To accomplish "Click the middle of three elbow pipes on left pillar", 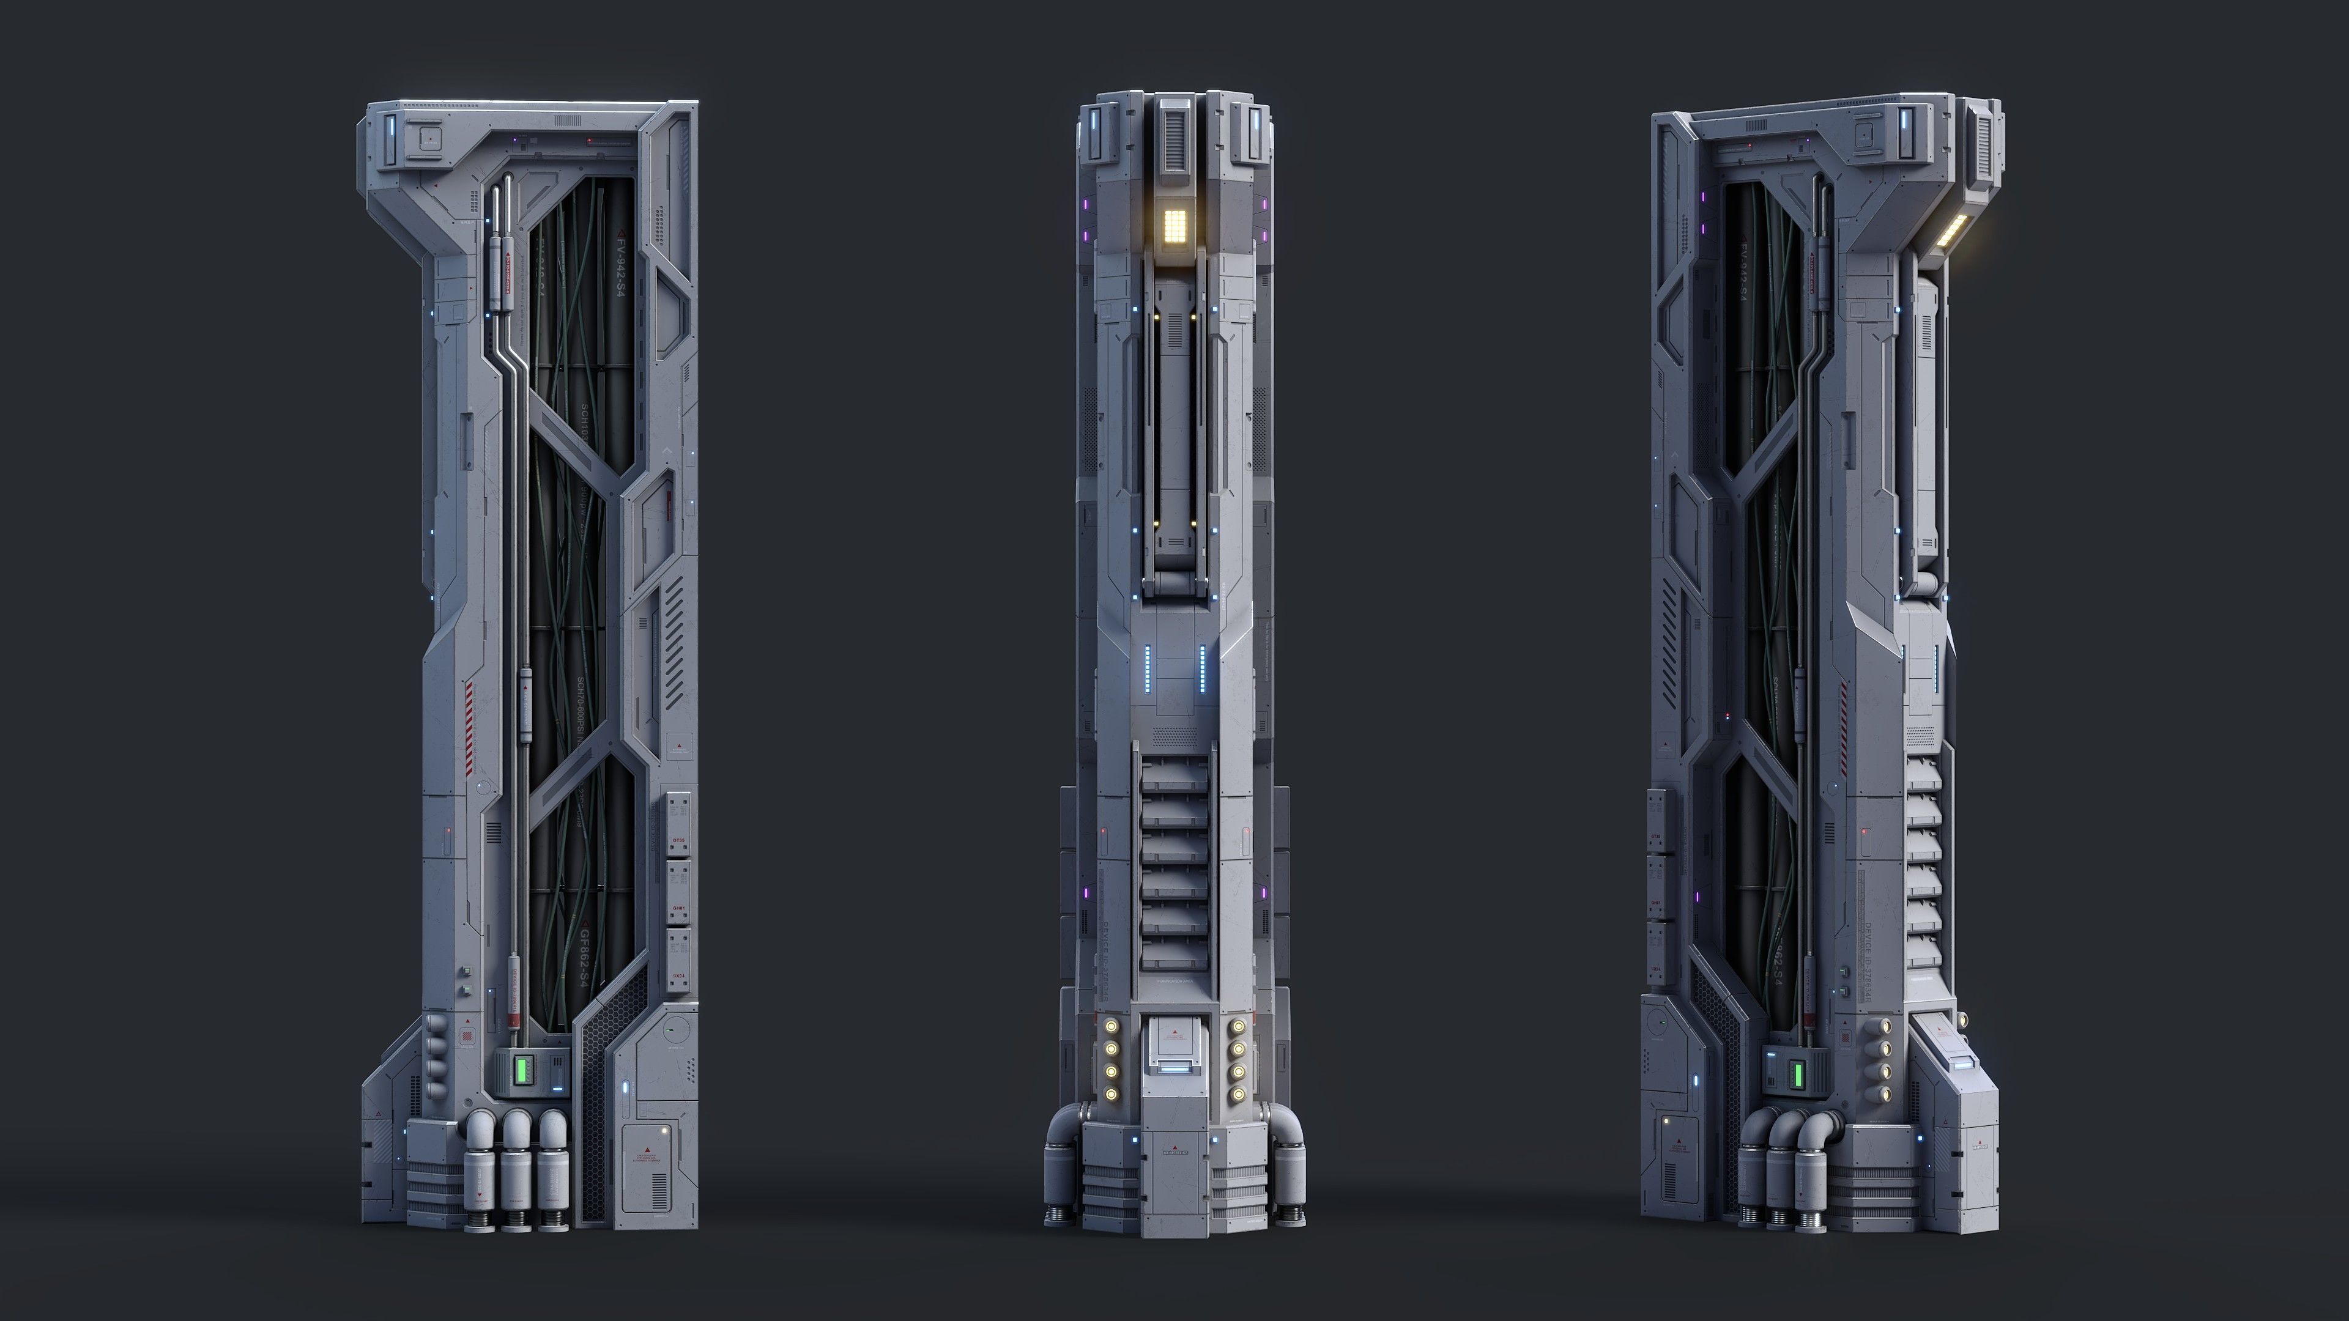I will point(516,1130).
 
